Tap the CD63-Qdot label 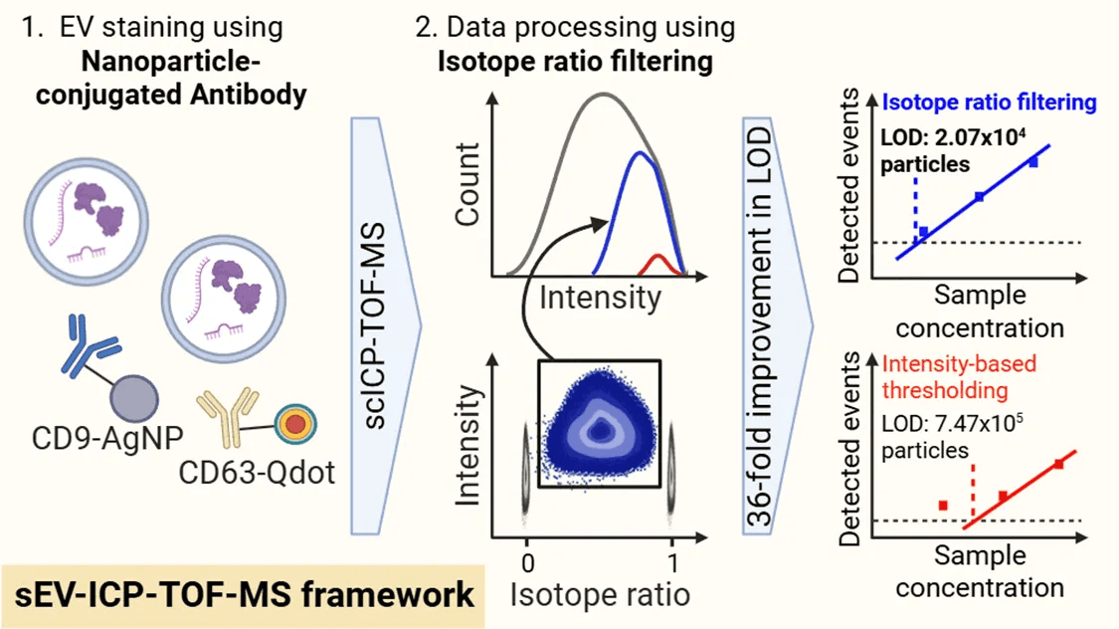257,470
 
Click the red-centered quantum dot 295,426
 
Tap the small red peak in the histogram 656,265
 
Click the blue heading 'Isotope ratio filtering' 989,103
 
